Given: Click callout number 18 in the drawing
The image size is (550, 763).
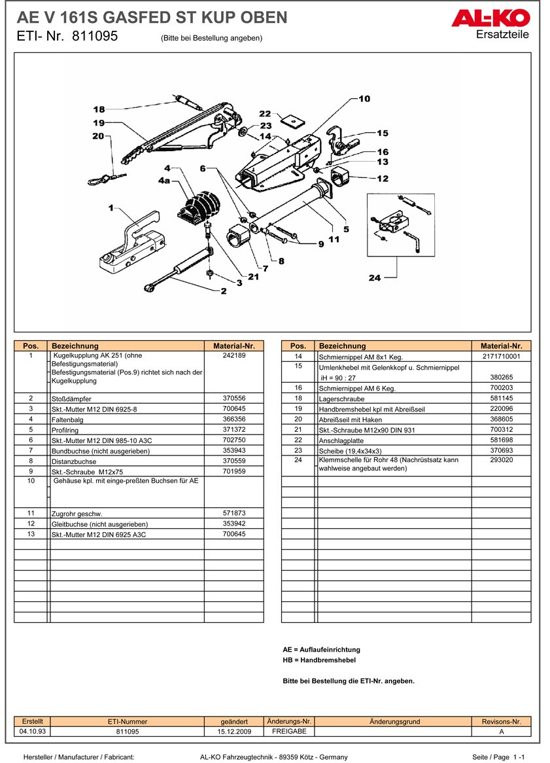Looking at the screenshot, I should (99, 109).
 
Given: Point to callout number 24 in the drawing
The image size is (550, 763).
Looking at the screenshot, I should (374, 278).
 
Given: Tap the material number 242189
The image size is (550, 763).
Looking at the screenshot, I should (234, 356).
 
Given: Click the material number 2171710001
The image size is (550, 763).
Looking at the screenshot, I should (501, 357).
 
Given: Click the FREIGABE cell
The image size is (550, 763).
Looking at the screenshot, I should (289, 731).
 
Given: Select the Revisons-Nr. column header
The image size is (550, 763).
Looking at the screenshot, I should (501, 721).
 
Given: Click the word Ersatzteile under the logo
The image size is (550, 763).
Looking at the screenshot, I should (502, 35).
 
